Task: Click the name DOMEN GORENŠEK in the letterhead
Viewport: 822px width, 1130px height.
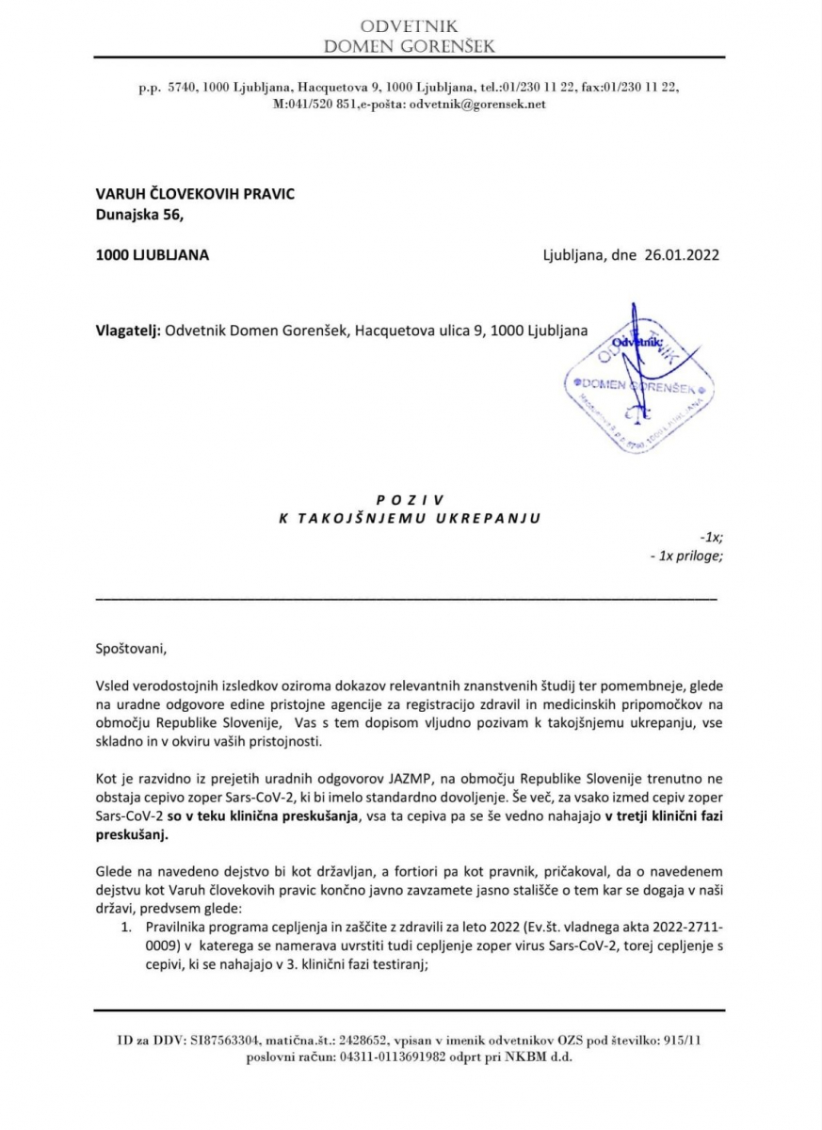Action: [409, 46]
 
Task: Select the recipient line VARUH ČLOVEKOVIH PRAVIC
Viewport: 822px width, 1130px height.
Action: [195, 194]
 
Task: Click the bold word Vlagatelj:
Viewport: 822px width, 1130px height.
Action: [128, 331]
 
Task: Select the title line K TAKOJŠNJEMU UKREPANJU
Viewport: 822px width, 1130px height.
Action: [410, 517]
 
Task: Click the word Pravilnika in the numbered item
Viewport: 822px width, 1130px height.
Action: [180, 930]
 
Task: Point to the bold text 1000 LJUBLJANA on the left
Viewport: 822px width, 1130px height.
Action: [153, 254]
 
